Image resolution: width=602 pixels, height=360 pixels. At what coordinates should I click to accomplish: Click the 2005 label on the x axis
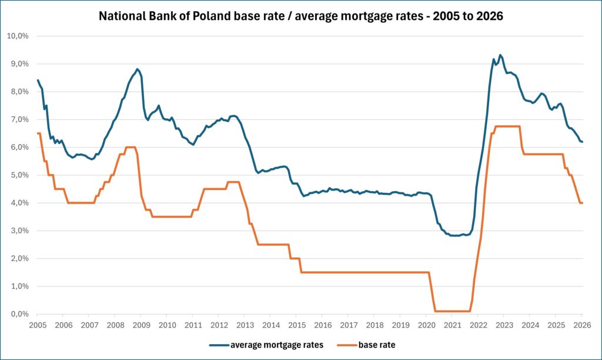click(x=37, y=325)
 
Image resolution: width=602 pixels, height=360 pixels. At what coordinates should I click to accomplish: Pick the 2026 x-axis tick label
click(x=581, y=325)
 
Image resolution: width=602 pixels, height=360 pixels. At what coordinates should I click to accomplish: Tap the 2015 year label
click(x=296, y=325)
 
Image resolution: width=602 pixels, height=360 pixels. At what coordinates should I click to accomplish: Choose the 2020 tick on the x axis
click(x=426, y=325)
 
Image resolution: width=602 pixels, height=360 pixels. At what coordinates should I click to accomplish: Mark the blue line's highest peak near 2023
click(x=500, y=55)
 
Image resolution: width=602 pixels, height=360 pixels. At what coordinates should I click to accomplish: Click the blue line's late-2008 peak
click(x=137, y=69)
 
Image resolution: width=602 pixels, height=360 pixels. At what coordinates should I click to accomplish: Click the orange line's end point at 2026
click(x=581, y=203)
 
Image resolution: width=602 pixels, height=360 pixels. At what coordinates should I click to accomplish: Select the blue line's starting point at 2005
click(x=38, y=81)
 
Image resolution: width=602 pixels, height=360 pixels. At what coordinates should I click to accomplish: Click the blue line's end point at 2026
click(x=581, y=142)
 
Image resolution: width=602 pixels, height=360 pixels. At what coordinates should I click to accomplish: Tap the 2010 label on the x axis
click(x=166, y=325)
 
